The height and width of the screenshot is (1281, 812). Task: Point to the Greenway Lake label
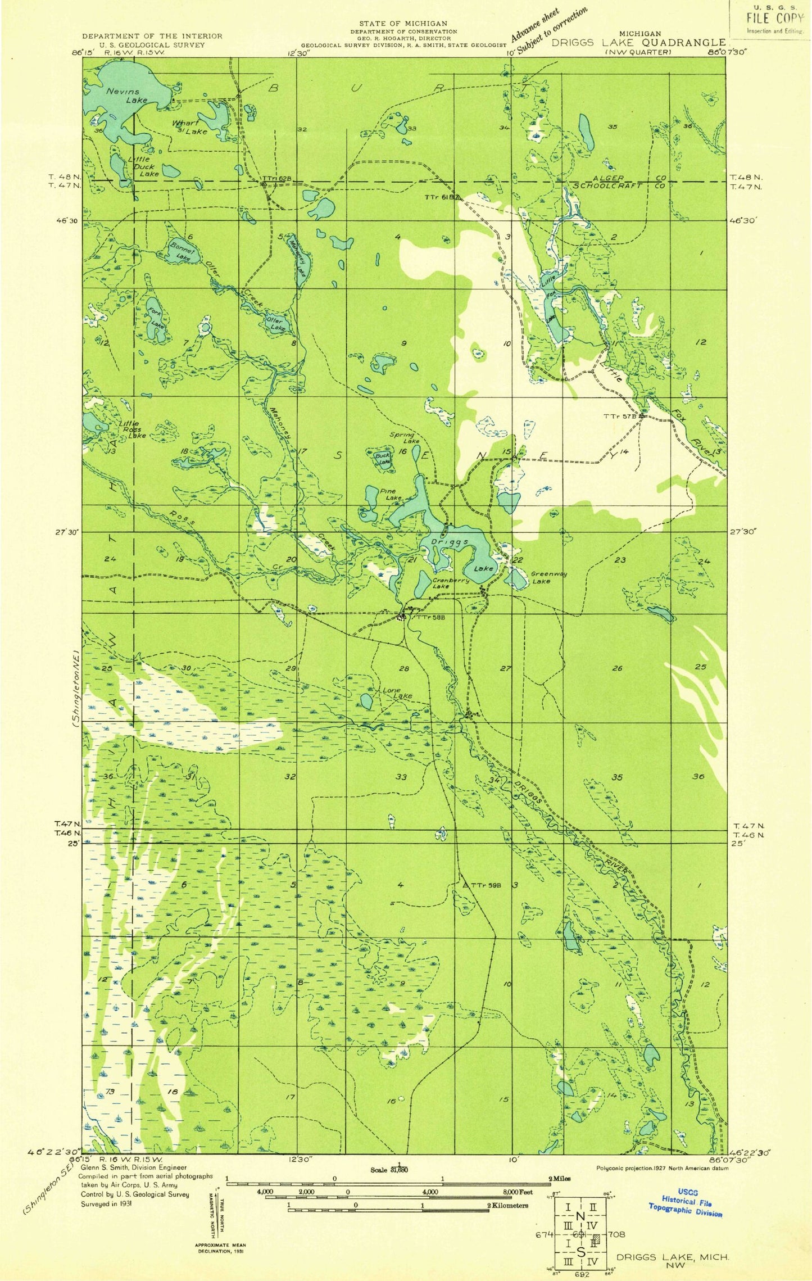(x=548, y=577)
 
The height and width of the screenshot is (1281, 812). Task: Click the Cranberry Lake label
(x=450, y=583)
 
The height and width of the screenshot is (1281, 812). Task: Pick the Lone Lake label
(x=397, y=692)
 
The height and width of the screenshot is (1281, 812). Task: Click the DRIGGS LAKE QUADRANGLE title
(x=638, y=43)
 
